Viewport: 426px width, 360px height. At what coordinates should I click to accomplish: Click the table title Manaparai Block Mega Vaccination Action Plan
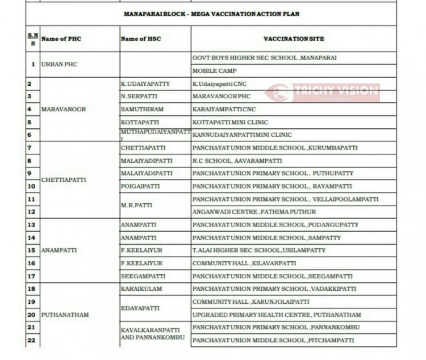coord(212,13)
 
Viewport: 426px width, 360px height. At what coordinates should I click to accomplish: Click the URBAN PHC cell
coord(59,64)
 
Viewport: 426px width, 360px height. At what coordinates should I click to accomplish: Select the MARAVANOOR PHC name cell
coord(64,110)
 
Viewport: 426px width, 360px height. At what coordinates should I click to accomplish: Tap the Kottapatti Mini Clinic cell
coord(230,122)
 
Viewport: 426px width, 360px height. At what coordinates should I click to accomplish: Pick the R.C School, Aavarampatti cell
coord(237,161)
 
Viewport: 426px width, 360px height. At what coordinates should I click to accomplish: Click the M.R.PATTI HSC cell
coord(136,206)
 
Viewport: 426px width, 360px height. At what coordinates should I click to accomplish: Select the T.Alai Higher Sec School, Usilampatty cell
coord(259,250)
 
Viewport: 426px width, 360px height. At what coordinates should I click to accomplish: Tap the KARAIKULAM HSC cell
coord(139,289)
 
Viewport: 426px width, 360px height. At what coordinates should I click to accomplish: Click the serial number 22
coord(31,340)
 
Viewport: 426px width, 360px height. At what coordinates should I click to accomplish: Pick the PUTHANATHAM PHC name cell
coord(65,315)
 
